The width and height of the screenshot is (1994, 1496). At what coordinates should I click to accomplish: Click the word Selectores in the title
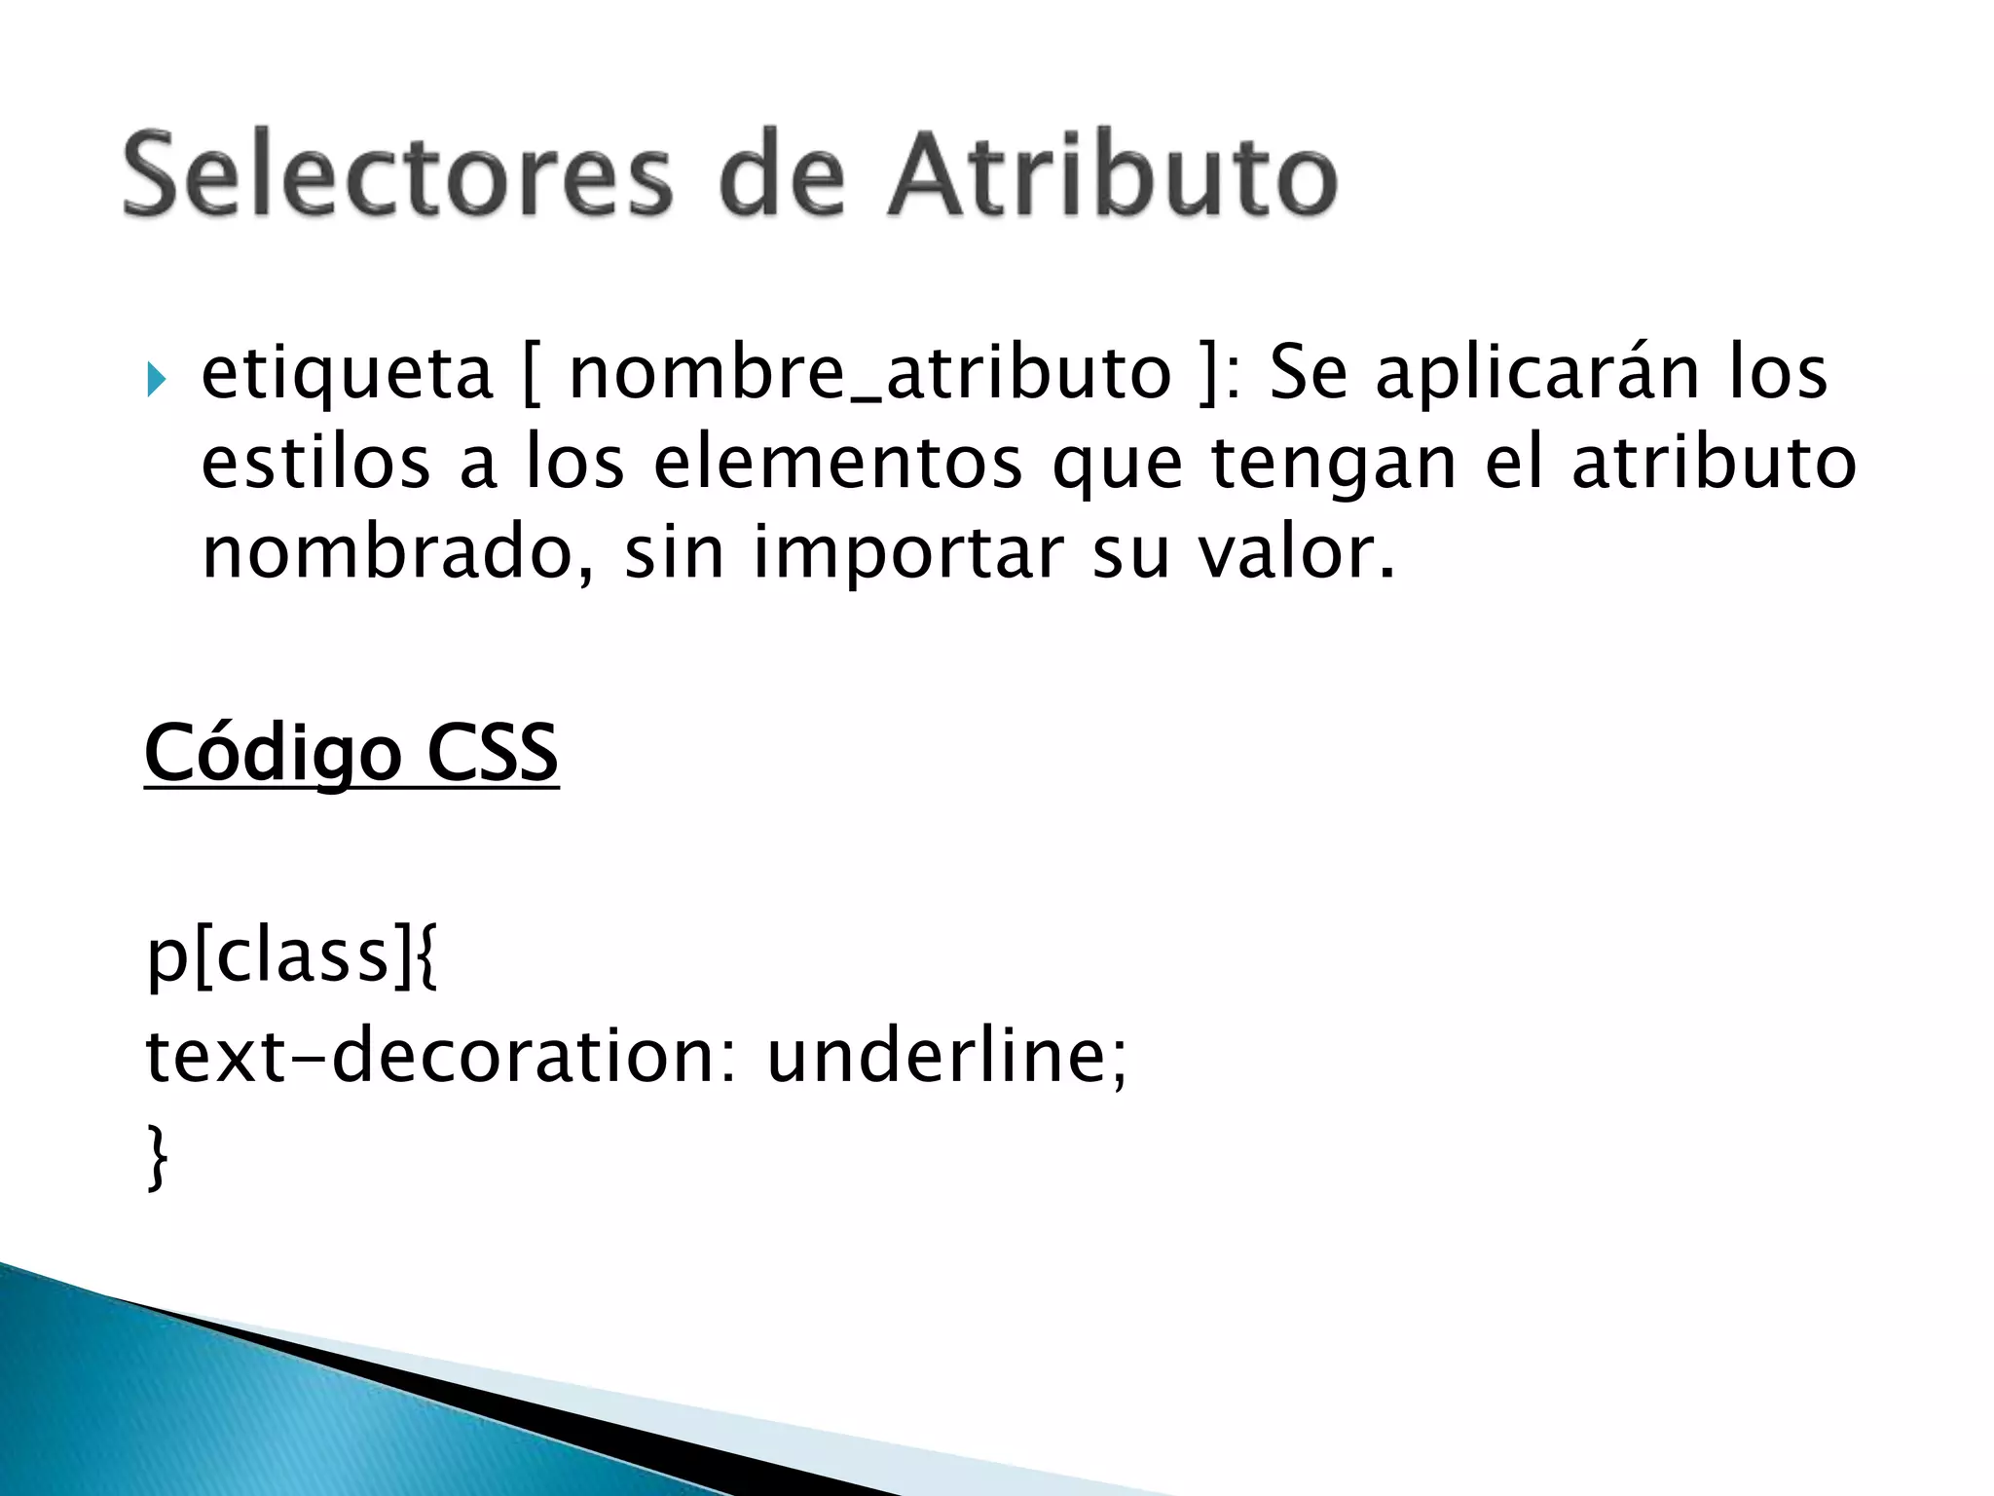pos(397,176)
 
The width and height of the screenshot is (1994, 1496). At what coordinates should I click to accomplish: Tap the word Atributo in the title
pos(1112,176)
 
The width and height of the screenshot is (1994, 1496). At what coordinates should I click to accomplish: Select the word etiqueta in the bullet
pos(347,374)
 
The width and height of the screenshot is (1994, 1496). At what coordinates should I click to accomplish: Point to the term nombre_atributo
pos(869,374)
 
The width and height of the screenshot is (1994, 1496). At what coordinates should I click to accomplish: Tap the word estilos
pos(315,463)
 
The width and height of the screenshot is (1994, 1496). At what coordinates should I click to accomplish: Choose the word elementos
pos(837,463)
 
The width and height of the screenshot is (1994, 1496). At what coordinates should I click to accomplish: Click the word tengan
pos(1334,463)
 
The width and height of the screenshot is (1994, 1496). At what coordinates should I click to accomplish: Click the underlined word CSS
pos(493,753)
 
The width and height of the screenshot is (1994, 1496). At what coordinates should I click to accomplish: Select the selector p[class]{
pos(292,956)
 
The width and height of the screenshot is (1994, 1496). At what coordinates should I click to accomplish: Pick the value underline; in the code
pos(946,1057)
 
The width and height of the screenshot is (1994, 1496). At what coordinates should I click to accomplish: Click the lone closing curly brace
pos(157,1156)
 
